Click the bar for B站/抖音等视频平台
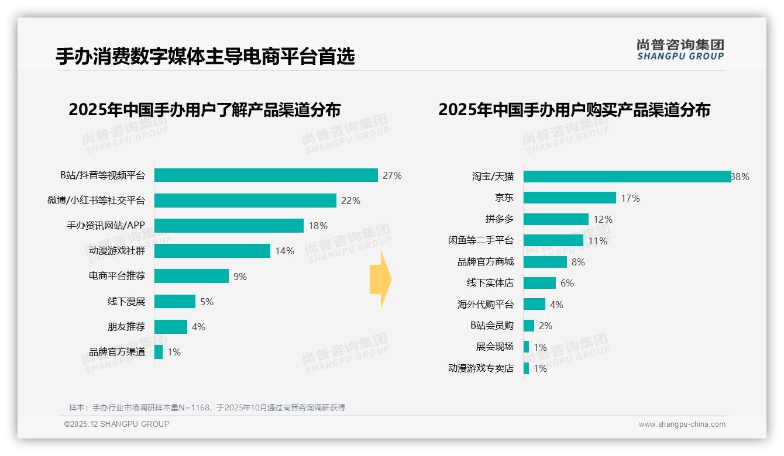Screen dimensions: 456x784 (266, 175)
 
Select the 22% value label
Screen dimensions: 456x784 (350, 201)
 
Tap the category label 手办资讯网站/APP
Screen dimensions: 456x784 (105, 226)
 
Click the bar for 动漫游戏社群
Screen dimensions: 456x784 (212, 251)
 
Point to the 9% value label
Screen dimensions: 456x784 (240, 277)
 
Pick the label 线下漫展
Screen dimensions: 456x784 (126, 302)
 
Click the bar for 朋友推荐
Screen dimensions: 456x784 (170, 327)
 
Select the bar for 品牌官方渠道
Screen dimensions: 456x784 (159, 352)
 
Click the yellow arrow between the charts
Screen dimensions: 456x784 (380, 279)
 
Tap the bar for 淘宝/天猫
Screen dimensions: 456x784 (627, 177)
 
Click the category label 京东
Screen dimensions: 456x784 (504, 198)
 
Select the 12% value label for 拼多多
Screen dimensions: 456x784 (603, 219)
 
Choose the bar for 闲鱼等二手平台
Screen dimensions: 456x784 (553, 240)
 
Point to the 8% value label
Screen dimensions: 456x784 (578, 262)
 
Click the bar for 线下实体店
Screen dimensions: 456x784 (539, 283)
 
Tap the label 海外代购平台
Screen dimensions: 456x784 (485, 305)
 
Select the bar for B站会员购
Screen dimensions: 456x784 (529, 326)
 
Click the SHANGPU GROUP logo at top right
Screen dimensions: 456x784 (680, 50)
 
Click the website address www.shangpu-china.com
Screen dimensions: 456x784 (682, 424)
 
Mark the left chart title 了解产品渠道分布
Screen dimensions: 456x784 (204, 110)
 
